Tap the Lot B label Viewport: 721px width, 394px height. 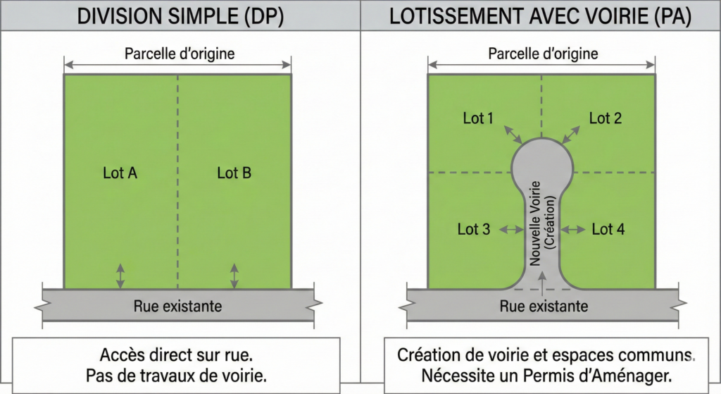[x=234, y=173]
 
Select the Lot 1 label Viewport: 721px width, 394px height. [x=478, y=118]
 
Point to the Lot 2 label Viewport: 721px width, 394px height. [x=606, y=118]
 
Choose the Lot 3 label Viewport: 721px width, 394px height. [x=474, y=229]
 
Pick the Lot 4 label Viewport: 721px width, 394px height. [x=608, y=229]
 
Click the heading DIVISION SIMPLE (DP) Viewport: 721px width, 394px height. [x=180, y=17]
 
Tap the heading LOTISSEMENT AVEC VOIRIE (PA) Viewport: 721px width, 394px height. [x=540, y=17]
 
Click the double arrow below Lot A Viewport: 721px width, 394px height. [x=120, y=275]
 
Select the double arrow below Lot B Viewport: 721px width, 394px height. [x=234, y=275]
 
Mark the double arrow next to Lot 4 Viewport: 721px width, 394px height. [x=572, y=229]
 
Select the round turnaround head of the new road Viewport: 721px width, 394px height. [x=541, y=161]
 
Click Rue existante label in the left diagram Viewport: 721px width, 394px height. [x=177, y=307]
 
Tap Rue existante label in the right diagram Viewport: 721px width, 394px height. [x=543, y=307]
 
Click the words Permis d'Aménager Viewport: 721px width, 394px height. [x=617, y=374]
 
